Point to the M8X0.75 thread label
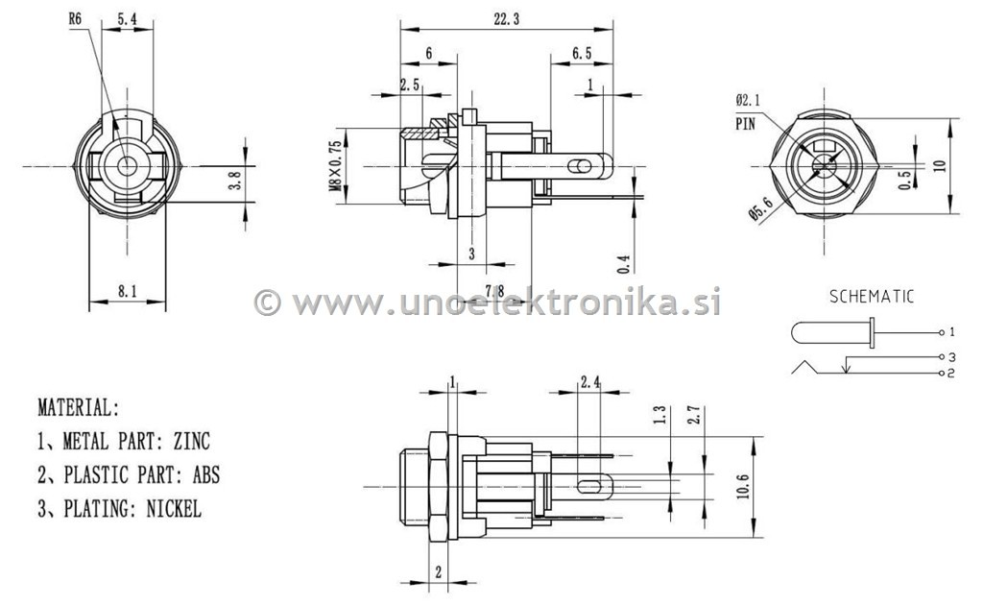(335, 166)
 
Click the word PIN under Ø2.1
(746, 124)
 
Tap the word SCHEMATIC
(872, 297)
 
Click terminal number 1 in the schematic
(950, 332)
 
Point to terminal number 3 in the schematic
(950, 357)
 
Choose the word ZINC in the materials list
(191, 442)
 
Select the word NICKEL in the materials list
(174, 509)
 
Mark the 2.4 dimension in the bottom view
(589, 382)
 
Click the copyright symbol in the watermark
(267, 303)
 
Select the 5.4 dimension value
(128, 17)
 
